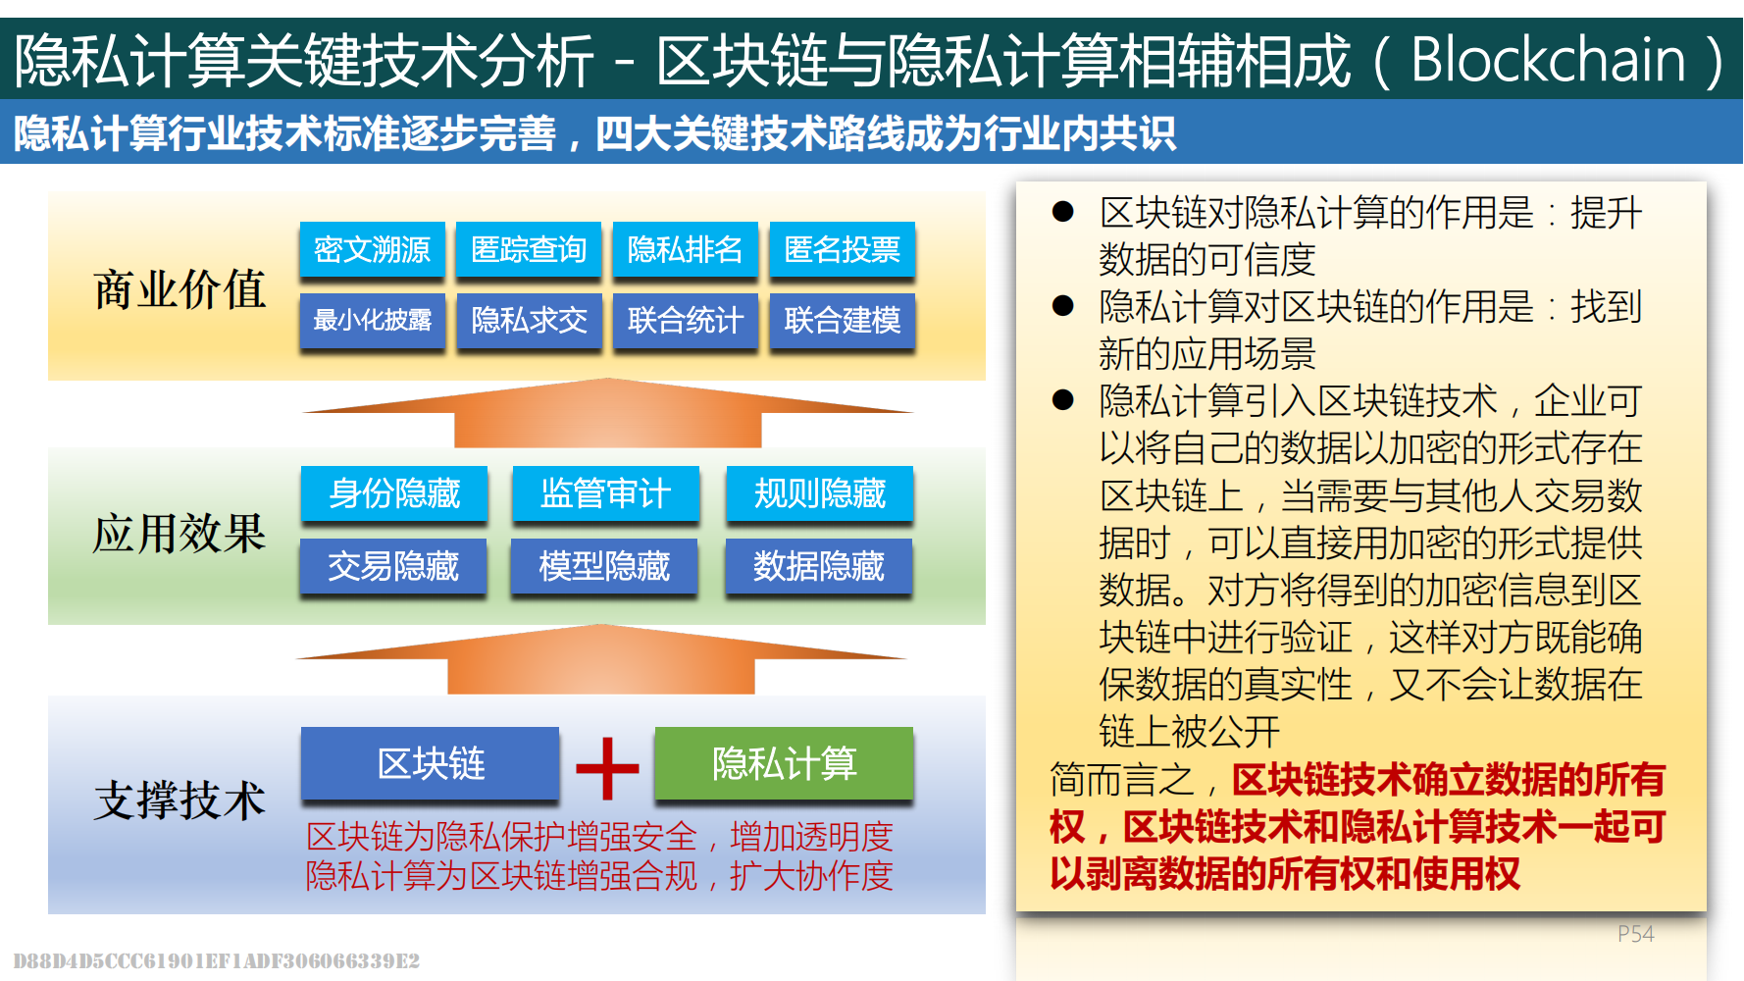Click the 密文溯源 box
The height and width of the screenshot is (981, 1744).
click(373, 249)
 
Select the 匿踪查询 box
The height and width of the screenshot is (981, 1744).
click(530, 249)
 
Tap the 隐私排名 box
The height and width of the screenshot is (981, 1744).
click(686, 249)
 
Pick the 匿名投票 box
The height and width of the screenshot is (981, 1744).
click(843, 249)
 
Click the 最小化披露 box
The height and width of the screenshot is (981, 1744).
click(373, 321)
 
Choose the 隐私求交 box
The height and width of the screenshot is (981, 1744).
click(530, 321)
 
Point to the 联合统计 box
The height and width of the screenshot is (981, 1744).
click(686, 321)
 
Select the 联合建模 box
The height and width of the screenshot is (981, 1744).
click(843, 321)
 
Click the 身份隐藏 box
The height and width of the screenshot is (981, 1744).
click(394, 493)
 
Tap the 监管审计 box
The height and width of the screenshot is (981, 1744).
click(606, 493)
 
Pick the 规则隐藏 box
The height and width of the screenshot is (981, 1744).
click(820, 493)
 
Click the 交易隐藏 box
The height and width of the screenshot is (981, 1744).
click(393, 566)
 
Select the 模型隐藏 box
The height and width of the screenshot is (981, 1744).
click(604, 566)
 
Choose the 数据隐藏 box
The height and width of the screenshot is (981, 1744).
click(819, 566)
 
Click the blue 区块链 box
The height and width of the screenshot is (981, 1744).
click(431, 763)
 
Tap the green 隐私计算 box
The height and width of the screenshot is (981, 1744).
click(784, 763)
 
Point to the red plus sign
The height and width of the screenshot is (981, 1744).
click(607, 768)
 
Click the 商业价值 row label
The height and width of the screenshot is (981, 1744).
click(180, 289)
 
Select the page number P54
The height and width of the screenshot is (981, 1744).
click(1635, 934)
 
